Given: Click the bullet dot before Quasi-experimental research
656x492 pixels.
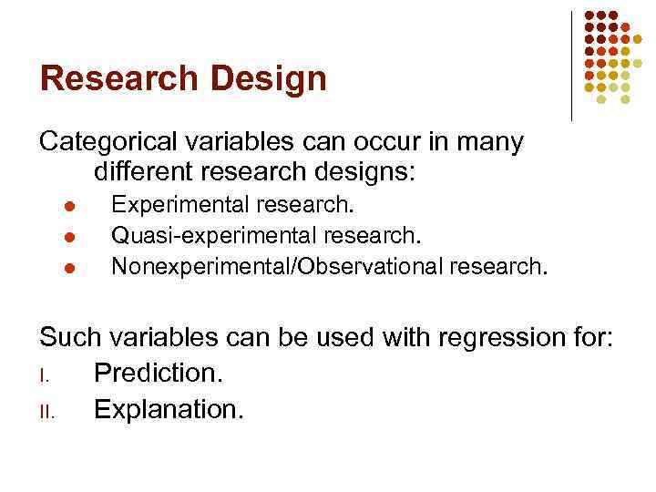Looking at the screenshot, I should click(56, 238).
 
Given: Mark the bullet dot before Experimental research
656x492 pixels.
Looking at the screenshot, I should click(56, 208).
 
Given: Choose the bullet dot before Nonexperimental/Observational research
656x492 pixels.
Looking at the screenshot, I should click(56, 268).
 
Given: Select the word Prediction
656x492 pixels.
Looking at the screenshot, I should click(164, 374).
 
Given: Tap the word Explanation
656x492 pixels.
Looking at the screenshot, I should click(169, 409).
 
